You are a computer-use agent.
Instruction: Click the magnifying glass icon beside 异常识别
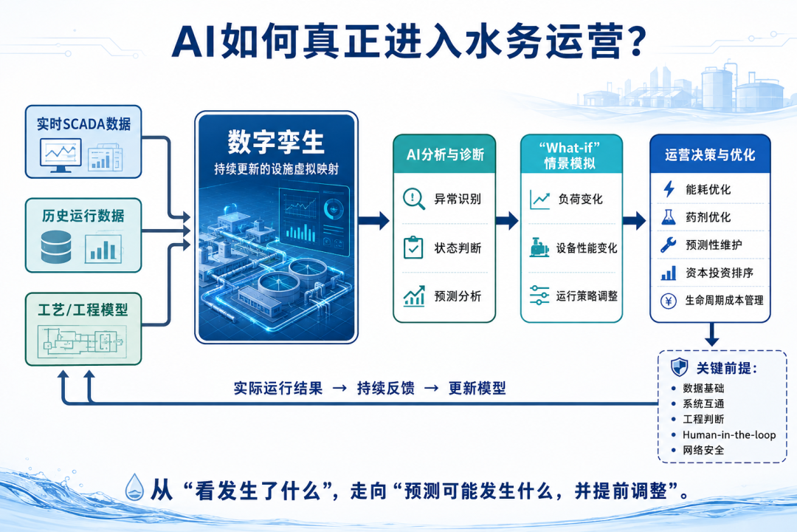[x=414, y=199]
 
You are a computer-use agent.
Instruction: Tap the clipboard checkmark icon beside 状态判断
[x=413, y=248]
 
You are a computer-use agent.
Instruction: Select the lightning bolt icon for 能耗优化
[x=669, y=189]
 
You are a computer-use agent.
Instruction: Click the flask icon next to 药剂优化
[x=669, y=217]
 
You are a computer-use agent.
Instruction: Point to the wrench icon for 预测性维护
[x=668, y=245]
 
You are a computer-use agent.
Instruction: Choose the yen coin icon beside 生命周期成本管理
[x=668, y=301]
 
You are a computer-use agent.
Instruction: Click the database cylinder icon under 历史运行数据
[x=56, y=247]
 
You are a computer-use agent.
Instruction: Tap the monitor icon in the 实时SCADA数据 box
[x=61, y=155]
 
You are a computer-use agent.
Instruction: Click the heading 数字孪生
[x=276, y=142]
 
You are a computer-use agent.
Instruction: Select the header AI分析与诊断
[x=445, y=154]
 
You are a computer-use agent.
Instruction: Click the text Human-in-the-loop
[x=729, y=434]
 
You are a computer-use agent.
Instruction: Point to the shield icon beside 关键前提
[x=680, y=367]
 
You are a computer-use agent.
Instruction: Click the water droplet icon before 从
[x=134, y=487]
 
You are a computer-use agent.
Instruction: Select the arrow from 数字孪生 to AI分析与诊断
[x=373, y=220]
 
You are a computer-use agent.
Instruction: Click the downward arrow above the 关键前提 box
[x=711, y=335]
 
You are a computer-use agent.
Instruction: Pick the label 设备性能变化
[x=587, y=248]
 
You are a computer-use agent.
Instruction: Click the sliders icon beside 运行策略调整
[x=539, y=296]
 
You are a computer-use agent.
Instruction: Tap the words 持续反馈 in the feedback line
[x=386, y=388]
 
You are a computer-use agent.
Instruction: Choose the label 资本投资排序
[x=720, y=273]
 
